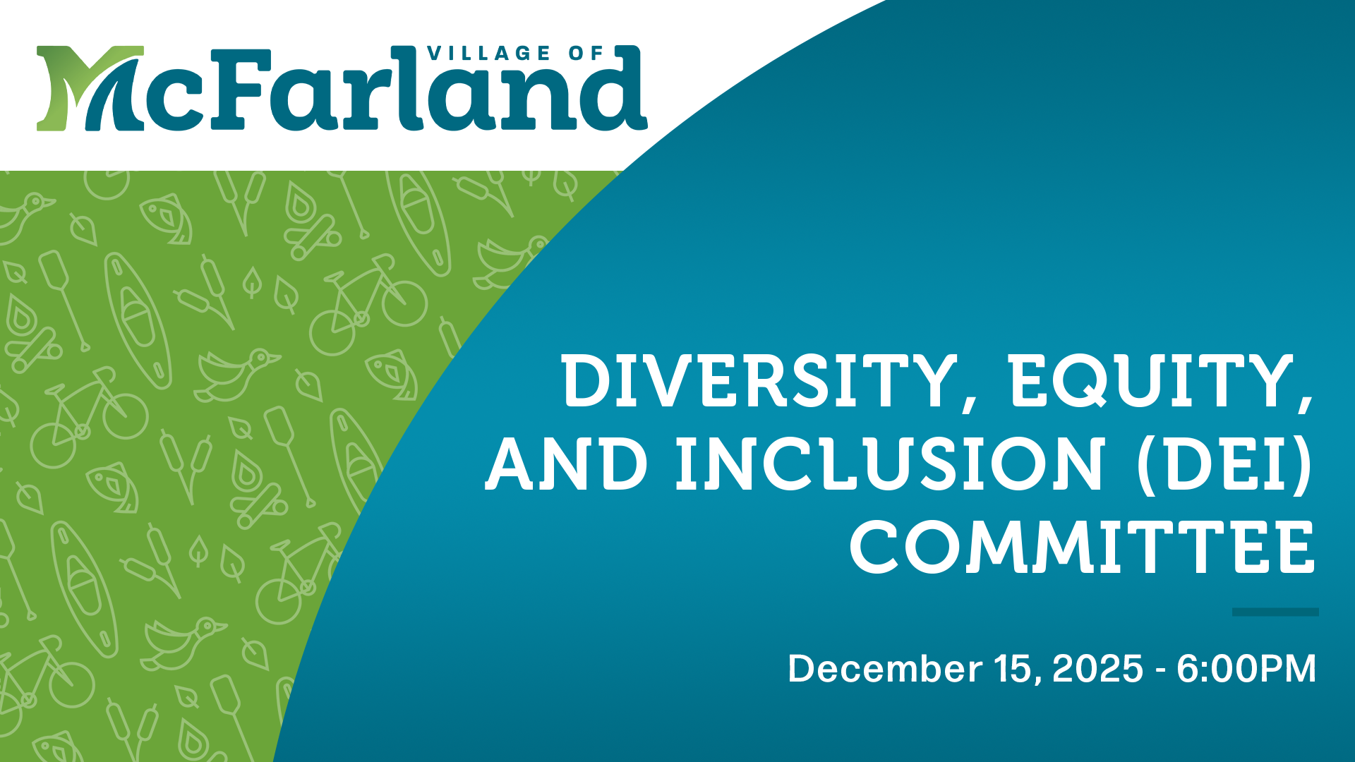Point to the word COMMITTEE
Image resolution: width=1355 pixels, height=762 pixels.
coord(1083,548)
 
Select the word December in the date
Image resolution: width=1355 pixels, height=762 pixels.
coord(884,668)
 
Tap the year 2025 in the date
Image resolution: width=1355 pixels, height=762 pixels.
coord(1097,668)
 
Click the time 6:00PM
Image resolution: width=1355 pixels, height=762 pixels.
coord(1246,668)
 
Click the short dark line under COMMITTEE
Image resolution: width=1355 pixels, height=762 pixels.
coord(1275,612)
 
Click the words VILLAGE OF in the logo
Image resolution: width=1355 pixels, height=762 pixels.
coord(515,54)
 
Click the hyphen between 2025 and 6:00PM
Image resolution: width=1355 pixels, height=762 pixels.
coord(1160,670)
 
